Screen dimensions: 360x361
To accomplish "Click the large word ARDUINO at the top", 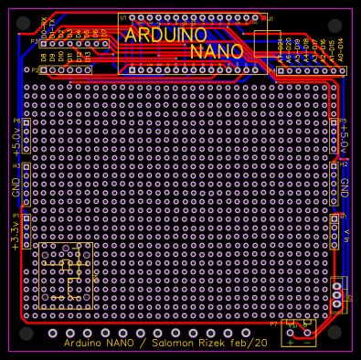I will pos(165,35).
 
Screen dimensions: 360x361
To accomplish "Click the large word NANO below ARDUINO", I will pos(218,51).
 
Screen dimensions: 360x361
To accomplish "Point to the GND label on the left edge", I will pos(15,188).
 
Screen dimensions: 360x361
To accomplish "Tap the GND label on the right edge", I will pos(345,186).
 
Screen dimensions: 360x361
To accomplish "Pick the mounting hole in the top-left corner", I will pos(25,25).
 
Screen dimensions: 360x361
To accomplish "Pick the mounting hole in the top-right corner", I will pos(335,25).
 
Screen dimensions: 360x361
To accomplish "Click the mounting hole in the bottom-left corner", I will pos(25,333).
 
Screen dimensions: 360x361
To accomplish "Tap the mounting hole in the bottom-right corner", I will pos(335,333).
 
